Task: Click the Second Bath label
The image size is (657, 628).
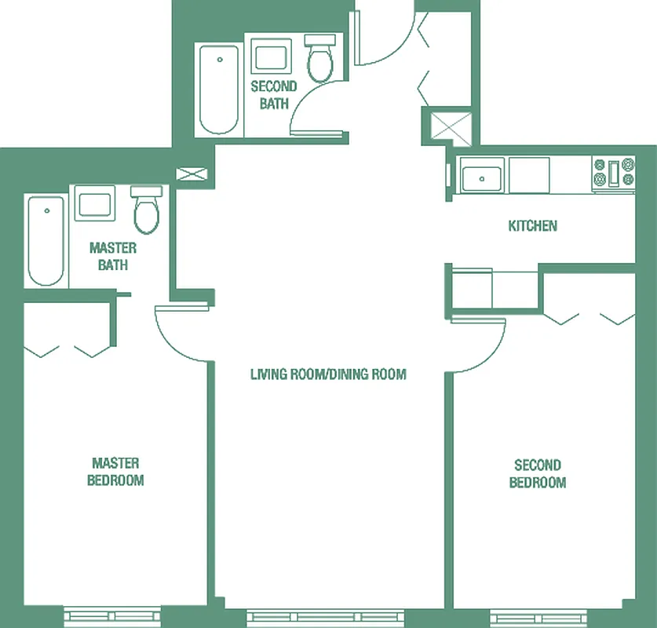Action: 273,94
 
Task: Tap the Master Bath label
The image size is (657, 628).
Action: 113,257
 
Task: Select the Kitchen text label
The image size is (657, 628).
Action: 533,226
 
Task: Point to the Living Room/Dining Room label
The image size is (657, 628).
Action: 328,374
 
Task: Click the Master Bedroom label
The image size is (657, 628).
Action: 115,472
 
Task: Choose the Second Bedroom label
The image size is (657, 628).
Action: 538,474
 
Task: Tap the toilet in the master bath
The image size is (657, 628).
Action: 146,211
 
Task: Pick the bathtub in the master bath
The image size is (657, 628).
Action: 46,240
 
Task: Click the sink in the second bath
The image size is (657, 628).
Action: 272,59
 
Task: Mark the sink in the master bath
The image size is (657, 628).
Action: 95,204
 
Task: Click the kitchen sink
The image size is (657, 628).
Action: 483,176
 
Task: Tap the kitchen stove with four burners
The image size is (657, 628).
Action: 614,174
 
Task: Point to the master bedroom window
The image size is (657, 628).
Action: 112,616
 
